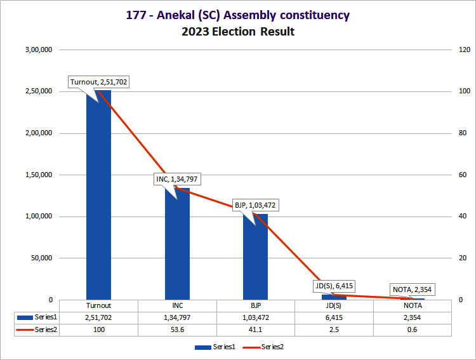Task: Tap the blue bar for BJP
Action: (x=256, y=257)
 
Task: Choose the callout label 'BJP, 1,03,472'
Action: (x=255, y=205)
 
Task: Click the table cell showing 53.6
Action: (x=177, y=330)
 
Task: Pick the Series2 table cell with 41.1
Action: (x=256, y=330)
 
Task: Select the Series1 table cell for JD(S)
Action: (x=334, y=317)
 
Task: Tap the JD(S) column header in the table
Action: (x=334, y=305)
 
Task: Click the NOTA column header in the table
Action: (x=413, y=305)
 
